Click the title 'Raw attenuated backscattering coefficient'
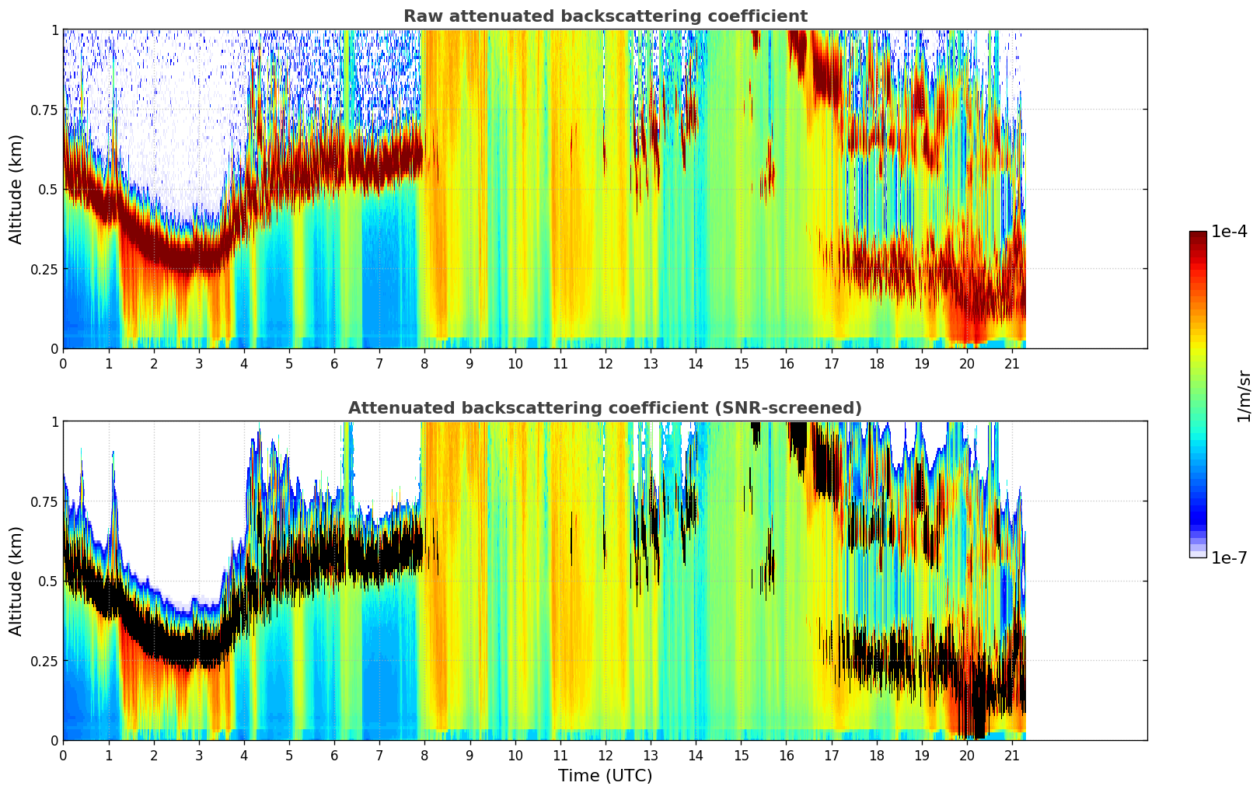tap(605, 16)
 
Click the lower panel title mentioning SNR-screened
tap(605, 408)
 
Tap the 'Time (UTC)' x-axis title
tap(605, 776)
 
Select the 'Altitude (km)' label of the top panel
tap(16, 189)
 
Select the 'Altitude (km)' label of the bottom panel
tap(16, 581)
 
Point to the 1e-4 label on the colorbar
tap(1229, 232)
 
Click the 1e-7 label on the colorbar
tap(1229, 557)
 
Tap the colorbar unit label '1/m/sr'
tap(1244, 396)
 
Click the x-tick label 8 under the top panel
tap(424, 363)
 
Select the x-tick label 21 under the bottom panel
tap(1012, 755)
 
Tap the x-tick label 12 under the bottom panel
tap(606, 755)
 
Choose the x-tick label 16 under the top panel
tap(786, 363)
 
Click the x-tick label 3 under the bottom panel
tap(199, 755)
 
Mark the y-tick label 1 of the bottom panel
tap(54, 421)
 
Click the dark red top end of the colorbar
tap(1198, 236)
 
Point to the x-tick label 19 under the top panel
tap(922, 363)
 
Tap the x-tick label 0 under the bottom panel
tap(63, 755)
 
